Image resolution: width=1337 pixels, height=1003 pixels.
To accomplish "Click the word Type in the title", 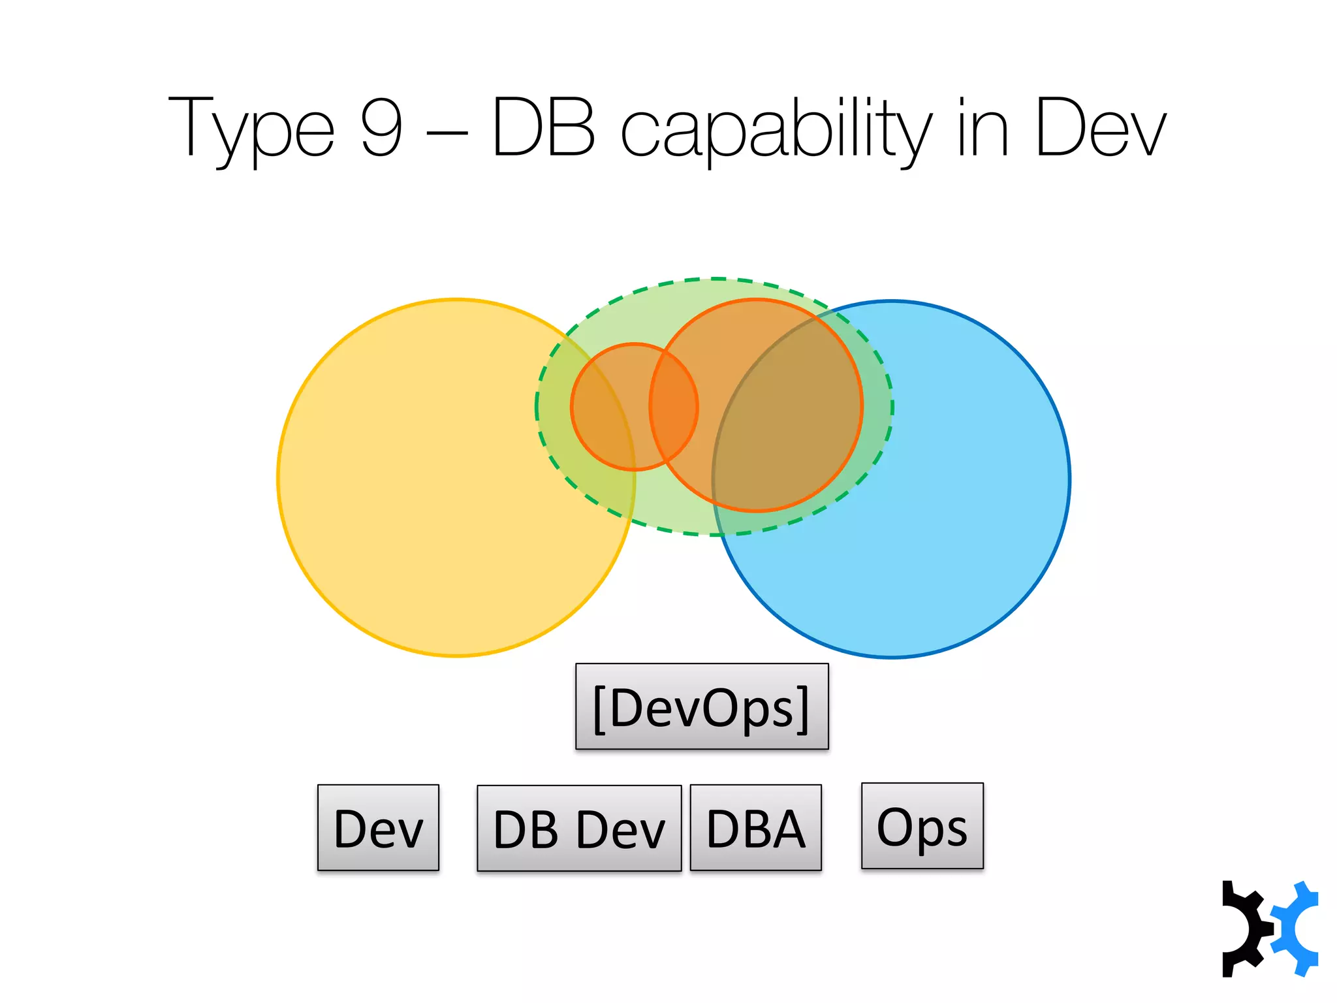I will [x=251, y=128].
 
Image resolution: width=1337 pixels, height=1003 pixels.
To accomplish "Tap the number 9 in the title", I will [x=381, y=127].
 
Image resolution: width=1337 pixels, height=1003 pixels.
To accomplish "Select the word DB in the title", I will [x=543, y=127].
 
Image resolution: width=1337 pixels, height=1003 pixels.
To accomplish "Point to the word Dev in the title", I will [x=1100, y=128].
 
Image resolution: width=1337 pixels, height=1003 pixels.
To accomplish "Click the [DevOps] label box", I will [x=702, y=707].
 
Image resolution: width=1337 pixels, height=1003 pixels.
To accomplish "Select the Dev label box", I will [x=378, y=828].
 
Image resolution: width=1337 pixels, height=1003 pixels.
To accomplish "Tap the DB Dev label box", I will [x=579, y=829].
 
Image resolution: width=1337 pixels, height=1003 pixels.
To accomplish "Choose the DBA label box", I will [x=755, y=828].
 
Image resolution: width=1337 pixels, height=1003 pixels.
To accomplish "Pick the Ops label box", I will [x=922, y=826].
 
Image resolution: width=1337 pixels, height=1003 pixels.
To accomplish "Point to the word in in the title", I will [x=983, y=128].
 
